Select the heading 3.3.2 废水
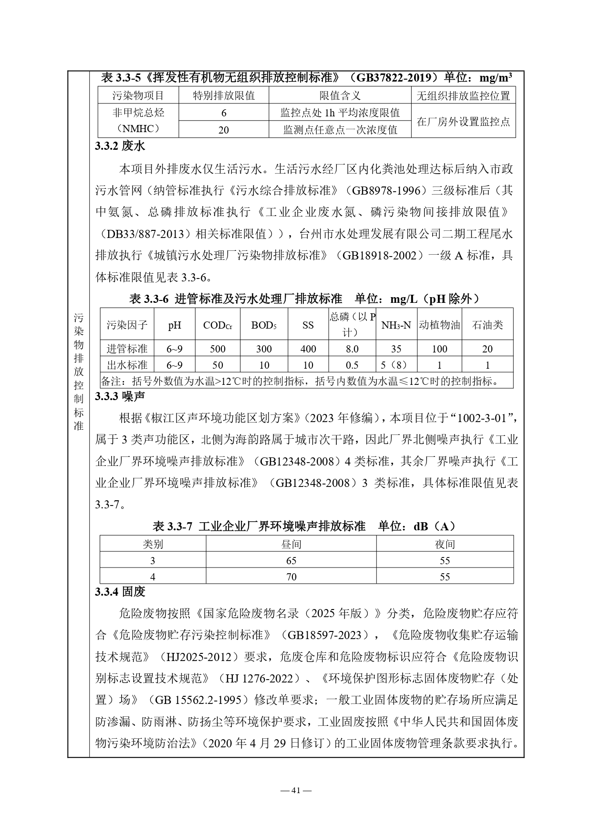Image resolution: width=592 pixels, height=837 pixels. [x=120, y=146]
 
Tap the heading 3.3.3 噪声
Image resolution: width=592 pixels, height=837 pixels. [x=120, y=396]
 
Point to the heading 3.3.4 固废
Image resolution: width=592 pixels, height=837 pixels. [x=120, y=592]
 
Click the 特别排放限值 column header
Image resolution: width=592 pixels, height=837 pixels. [x=223, y=96]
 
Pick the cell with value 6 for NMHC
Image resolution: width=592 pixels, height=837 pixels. [x=223, y=113]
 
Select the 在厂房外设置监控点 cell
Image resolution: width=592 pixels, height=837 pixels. [x=463, y=122]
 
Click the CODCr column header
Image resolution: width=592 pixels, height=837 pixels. [x=218, y=325]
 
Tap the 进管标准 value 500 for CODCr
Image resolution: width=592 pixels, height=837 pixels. [x=218, y=349]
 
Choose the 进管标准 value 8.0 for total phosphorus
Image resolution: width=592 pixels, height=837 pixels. [x=352, y=349]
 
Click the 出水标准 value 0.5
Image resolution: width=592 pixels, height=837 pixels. [x=352, y=365]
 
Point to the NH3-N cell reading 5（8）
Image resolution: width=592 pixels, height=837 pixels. [x=396, y=365]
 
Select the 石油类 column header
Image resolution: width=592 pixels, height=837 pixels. [x=487, y=325]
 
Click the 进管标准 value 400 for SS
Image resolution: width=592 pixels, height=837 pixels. [x=308, y=349]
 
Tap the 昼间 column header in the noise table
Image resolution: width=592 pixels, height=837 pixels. [x=291, y=544]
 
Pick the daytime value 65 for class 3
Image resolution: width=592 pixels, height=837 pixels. [x=291, y=560]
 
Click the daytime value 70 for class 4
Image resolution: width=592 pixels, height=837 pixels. [x=291, y=577]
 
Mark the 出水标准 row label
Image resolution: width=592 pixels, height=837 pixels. [x=127, y=365]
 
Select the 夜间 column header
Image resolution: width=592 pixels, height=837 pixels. [x=445, y=544]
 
